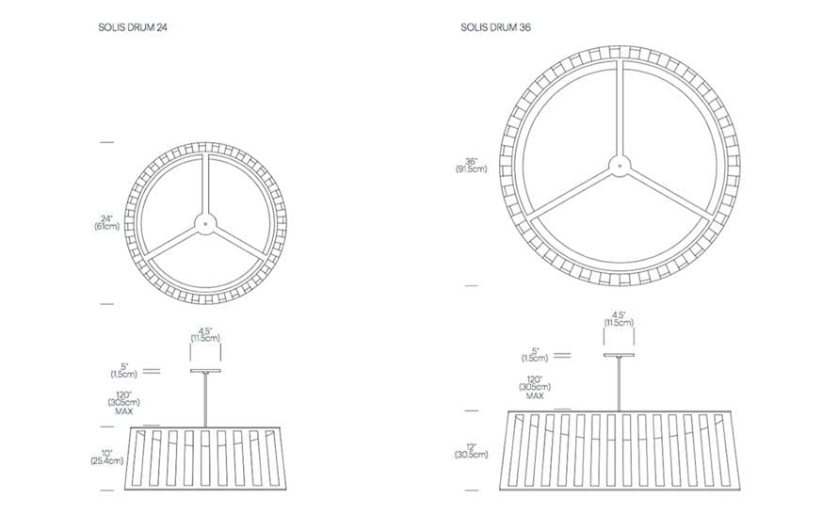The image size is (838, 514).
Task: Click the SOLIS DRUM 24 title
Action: (x=133, y=27)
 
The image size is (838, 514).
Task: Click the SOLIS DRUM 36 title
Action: (x=495, y=27)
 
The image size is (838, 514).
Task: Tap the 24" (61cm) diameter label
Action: (x=107, y=223)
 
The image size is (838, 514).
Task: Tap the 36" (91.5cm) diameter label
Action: (x=471, y=165)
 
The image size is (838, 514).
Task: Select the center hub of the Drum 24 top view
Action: (x=206, y=223)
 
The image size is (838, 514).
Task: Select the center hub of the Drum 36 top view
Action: (x=620, y=167)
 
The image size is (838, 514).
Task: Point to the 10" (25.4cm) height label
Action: (x=107, y=457)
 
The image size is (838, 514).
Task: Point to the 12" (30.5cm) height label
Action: (x=471, y=451)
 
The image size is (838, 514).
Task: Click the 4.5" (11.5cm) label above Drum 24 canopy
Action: (x=206, y=334)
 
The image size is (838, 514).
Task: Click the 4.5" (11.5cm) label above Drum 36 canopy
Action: (x=619, y=319)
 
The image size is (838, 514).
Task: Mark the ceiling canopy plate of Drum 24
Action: (x=206, y=371)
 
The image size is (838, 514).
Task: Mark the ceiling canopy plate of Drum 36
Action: (x=620, y=355)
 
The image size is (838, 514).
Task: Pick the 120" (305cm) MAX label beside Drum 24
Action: (x=124, y=403)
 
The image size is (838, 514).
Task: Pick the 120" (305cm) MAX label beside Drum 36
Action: (x=535, y=387)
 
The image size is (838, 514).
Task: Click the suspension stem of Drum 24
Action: (x=206, y=400)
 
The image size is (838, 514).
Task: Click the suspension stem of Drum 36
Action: (x=620, y=384)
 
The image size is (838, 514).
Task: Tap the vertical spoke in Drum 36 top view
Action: (x=620, y=108)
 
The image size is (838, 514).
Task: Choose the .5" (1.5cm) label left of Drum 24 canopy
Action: (x=124, y=371)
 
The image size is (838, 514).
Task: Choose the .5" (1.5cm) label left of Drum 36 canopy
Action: (x=535, y=355)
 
